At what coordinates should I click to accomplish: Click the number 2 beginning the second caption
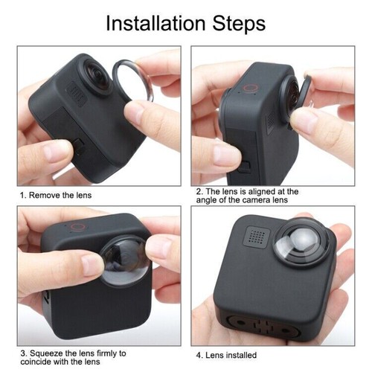point(199,191)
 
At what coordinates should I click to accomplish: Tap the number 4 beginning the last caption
point(199,355)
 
